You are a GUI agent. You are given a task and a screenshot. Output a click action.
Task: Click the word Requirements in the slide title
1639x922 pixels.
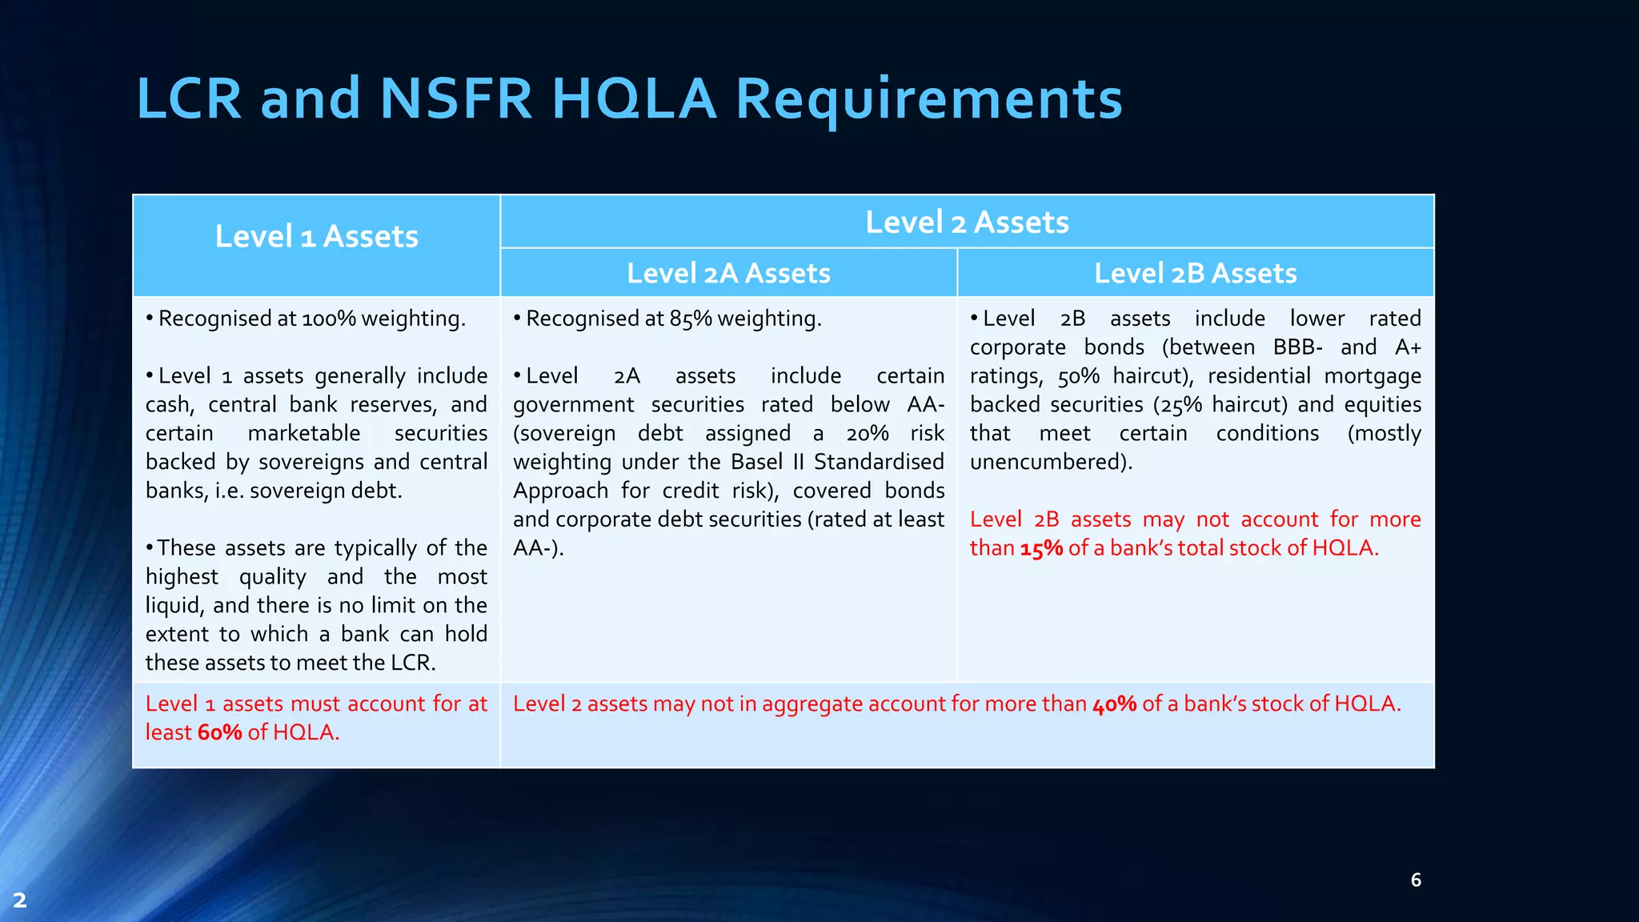pyautogui.click(x=928, y=100)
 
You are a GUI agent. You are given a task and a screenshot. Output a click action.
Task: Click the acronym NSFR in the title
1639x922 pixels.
pyautogui.click(x=456, y=100)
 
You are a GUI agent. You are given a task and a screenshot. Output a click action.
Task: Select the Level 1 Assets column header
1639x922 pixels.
pyautogui.click(x=316, y=237)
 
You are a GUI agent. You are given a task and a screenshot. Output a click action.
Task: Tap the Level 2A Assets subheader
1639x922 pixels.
pyautogui.click(x=728, y=274)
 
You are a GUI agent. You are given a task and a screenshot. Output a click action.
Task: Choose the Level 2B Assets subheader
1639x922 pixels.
pyautogui.click(x=1195, y=274)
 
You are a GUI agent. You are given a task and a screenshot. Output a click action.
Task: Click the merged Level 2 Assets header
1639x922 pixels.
pyautogui.click(x=967, y=222)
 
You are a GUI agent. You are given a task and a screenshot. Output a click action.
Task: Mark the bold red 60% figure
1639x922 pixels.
pyautogui.click(x=219, y=733)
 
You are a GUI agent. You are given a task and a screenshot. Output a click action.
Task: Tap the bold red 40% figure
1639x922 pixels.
pyautogui.click(x=1114, y=704)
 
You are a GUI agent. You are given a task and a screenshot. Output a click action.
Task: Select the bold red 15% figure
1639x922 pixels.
pyautogui.click(x=1041, y=549)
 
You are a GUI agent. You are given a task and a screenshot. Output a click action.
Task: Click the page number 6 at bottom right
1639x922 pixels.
pyautogui.click(x=1416, y=880)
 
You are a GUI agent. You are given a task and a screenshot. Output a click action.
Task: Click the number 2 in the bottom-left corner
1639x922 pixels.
pyautogui.click(x=20, y=900)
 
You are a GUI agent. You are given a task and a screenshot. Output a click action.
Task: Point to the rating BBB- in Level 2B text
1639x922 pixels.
pyautogui.click(x=1297, y=348)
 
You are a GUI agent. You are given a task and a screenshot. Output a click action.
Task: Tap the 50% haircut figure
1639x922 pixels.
pyautogui.click(x=1078, y=377)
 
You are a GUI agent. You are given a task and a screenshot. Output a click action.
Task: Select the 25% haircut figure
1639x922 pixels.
pyautogui.click(x=1180, y=406)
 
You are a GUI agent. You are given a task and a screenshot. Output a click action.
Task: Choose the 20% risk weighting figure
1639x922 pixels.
pyautogui.click(x=868, y=435)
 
